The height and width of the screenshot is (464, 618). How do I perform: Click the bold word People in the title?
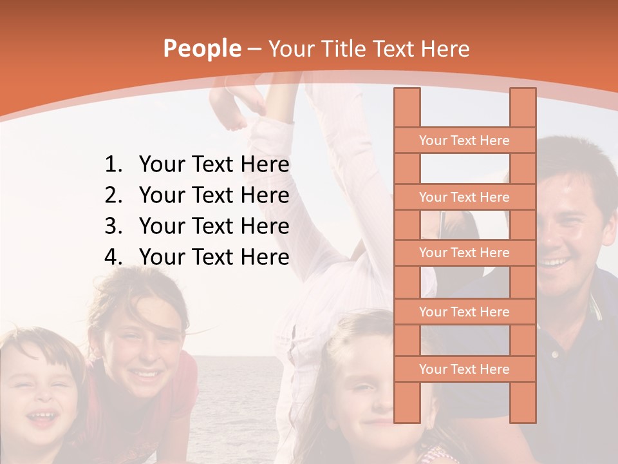coord(201,48)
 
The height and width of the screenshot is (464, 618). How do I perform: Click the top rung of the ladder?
coord(464,140)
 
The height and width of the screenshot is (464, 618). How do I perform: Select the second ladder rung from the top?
coord(464,197)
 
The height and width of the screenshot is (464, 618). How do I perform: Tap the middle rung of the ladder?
coord(464,253)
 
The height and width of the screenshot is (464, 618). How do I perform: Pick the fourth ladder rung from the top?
coord(464,312)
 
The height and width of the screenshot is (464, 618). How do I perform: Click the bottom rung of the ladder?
coord(464,369)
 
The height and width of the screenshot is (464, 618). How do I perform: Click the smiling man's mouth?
coord(555,262)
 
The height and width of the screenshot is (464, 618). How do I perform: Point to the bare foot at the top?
coord(232,110)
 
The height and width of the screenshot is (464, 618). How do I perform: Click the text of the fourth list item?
coord(214,257)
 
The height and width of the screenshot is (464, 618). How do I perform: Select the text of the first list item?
coord(214,165)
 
